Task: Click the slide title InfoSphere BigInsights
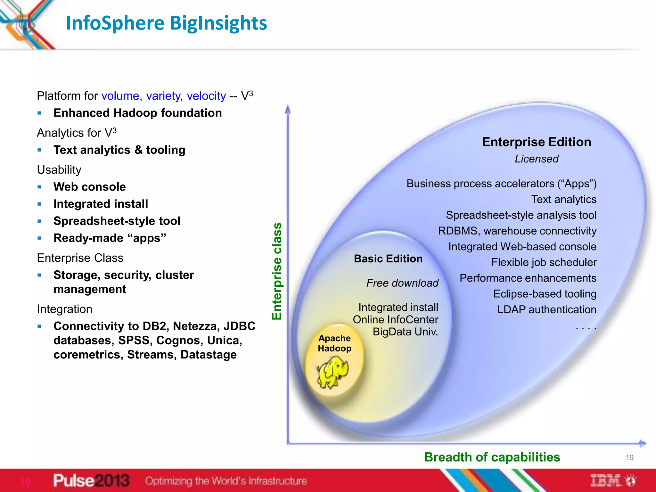tap(166, 23)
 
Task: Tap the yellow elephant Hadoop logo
tap(333, 372)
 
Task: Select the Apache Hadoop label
tap(334, 343)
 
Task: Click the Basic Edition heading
tap(388, 258)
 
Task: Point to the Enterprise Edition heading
tap(536, 142)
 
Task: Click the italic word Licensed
tap(537, 159)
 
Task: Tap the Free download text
tap(402, 283)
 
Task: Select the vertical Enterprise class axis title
tap(277, 271)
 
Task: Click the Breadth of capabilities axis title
tap(492, 457)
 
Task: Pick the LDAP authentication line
tap(546, 309)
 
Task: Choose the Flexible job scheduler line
tap(544, 262)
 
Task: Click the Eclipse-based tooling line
tap(545, 294)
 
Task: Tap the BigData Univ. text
tap(405, 332)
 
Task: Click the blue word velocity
tap(206, 96)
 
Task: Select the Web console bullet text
tap(90, 187)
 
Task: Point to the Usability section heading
tap(59, 170)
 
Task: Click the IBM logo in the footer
tap(612, 480)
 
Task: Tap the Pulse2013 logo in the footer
tap(91, 480)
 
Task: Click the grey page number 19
tap(629, 457)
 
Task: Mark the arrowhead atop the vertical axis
tap(288, 110)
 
